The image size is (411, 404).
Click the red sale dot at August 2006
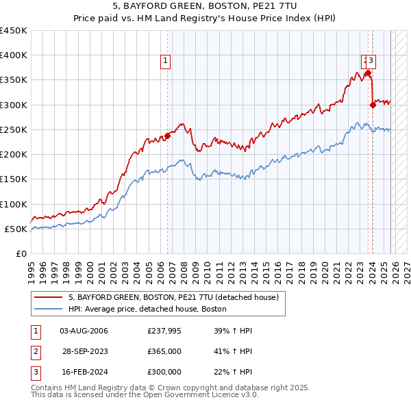167,135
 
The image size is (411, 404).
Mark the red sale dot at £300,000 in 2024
373,105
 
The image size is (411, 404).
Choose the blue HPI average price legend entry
147,310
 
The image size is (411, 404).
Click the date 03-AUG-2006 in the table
84,331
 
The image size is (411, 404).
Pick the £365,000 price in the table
164,351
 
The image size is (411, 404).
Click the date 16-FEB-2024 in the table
84,372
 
